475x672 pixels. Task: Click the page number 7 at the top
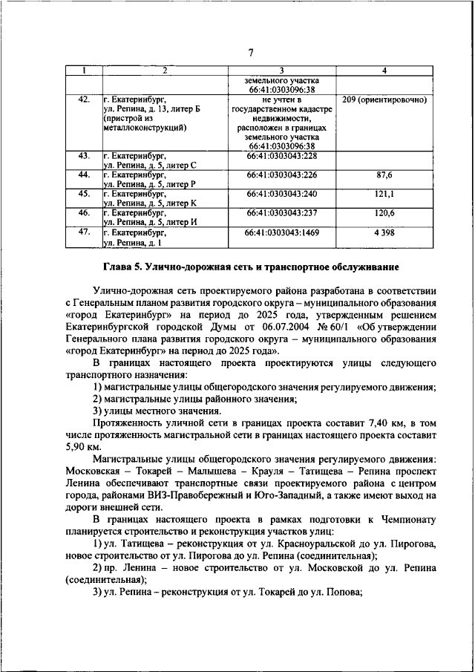251,52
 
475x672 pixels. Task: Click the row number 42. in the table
84,99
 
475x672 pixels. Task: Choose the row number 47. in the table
84,233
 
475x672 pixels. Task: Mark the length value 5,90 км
82,448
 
